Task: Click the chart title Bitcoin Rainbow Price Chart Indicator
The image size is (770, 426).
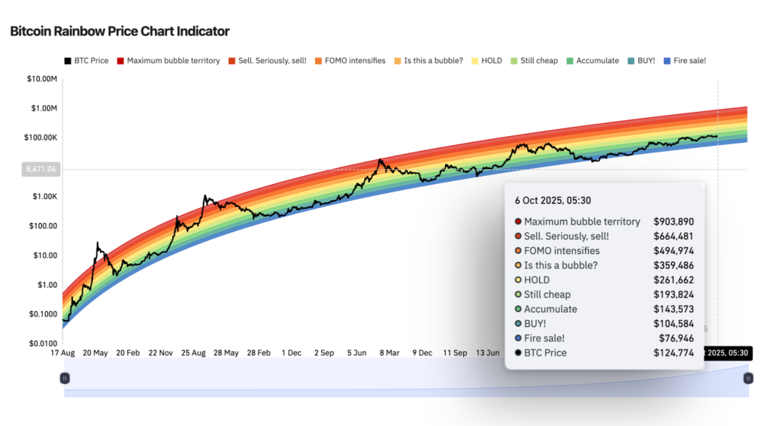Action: point(120,32)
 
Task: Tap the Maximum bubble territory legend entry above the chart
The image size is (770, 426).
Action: point(173,60)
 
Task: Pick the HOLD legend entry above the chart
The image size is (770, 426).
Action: point(491,60)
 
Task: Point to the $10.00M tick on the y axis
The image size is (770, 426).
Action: point(42,79)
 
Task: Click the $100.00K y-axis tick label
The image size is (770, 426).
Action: point(41,137)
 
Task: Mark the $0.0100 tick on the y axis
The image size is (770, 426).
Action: point(42,343)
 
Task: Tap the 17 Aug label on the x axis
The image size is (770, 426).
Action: point(63,352)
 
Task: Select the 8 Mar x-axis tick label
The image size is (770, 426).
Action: point(388,352)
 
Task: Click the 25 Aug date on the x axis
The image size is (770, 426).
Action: point(193,352)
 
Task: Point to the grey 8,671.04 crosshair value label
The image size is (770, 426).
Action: point(41,170)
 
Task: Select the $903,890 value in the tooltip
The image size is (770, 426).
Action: point(674,222)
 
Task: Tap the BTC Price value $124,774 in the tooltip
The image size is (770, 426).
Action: point(674,352)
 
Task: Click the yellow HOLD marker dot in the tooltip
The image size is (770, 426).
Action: point(517,280)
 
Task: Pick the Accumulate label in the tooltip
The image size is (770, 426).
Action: point(550,309)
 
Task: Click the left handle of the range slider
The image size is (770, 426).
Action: point(65,379)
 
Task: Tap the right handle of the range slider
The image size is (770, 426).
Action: point(747,379)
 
